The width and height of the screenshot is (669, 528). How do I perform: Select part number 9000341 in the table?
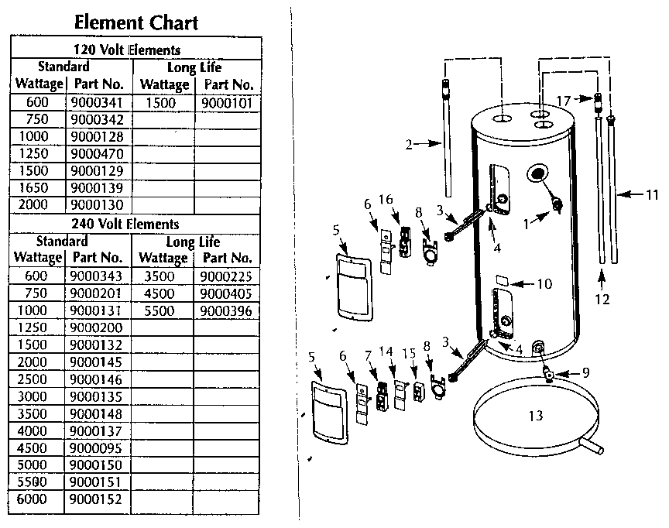coord(96,103)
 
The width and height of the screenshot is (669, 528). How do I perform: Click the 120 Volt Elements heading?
coord(137,50)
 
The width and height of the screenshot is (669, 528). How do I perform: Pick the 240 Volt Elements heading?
coord(137,223)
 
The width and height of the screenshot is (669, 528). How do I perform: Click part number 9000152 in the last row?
coord(96,499)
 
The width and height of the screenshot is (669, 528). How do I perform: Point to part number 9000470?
coord(96,154)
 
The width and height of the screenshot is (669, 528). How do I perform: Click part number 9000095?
coord(96,447)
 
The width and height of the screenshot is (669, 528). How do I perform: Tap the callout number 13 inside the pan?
coord(537,416)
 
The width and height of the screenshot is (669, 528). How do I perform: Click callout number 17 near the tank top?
coord(563,100)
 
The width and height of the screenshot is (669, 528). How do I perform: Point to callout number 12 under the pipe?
coord(603,297)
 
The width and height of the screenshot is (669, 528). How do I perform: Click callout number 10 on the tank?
coord(544,284)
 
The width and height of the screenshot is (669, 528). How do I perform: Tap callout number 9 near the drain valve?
coord(585,372)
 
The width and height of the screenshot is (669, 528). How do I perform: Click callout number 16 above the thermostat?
coord(386,200)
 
